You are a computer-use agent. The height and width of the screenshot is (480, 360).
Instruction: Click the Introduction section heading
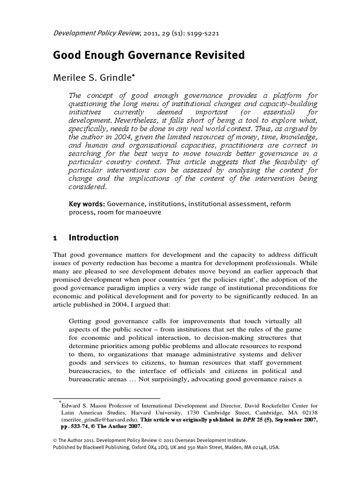point(94,238)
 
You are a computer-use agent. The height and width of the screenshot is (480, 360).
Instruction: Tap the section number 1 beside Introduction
point(54,238)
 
